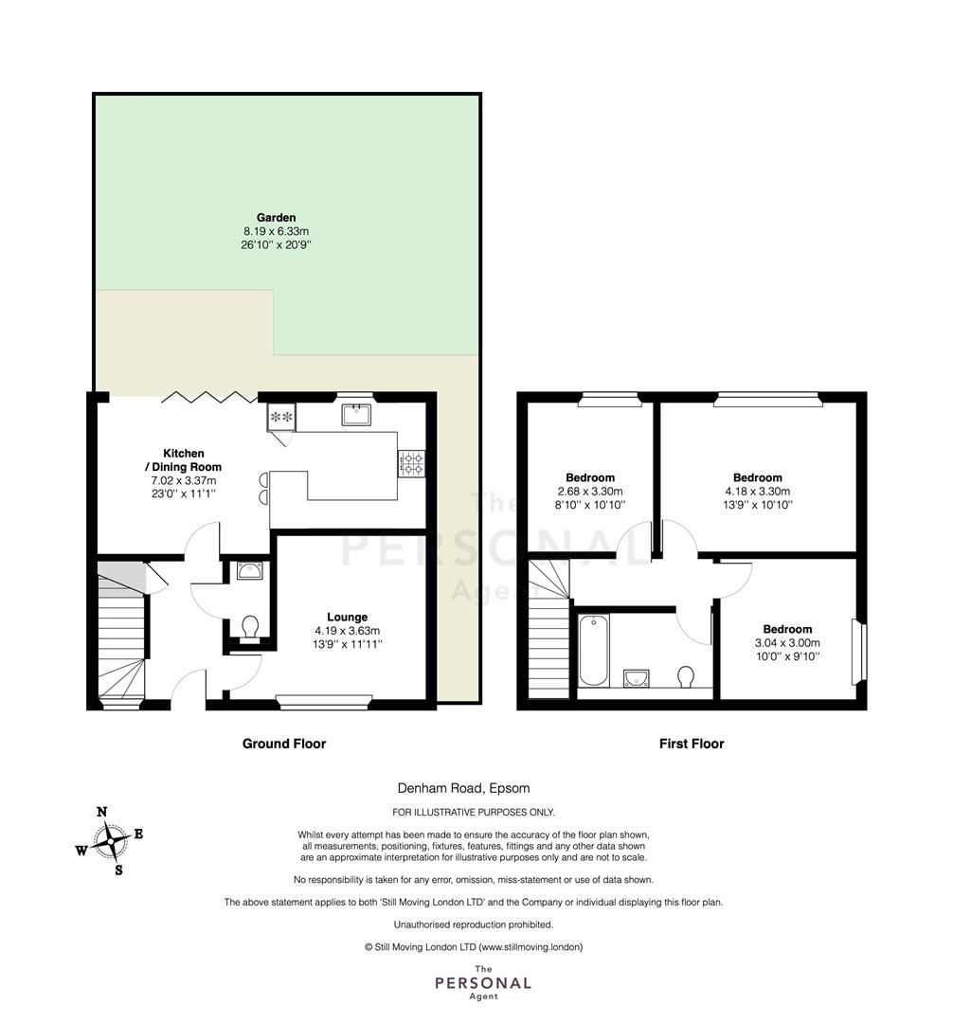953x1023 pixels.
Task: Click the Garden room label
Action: click(x=276, y=217)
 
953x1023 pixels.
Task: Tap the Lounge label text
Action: click(x=347, y=617)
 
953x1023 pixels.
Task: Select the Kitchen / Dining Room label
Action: click(x=183, y=460)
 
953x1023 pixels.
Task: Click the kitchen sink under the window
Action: click(x=356, y=414)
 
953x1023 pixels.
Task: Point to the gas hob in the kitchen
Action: click(x=411, y=463)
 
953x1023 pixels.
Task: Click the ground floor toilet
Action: click(x=250, y=629)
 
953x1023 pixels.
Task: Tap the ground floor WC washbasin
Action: click(x=250, y=571)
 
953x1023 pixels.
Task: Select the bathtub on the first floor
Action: click(x=594, y=650)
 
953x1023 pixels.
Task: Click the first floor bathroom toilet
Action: click(x=686, y=676)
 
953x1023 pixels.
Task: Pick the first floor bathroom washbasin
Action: click(x=636, y=678)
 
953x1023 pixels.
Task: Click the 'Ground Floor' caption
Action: click(x=284, y=744)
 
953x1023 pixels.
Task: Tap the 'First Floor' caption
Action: click(x=692, y=744)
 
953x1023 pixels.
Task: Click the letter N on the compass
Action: click(x=101, y=812)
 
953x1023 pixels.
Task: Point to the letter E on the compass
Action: click(x=138, y=834)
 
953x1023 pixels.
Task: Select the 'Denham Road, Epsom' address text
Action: click(x=464, y=788)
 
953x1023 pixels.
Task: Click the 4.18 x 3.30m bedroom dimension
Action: click(x=757, y=492)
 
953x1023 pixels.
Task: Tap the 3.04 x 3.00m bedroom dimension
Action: click(x=787, y=642)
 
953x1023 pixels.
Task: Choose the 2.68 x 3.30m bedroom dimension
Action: click(x=589, y=492)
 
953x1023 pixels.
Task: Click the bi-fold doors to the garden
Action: click(x=209, y=397)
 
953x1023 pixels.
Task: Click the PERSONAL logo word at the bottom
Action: click(x=483, y=983)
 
